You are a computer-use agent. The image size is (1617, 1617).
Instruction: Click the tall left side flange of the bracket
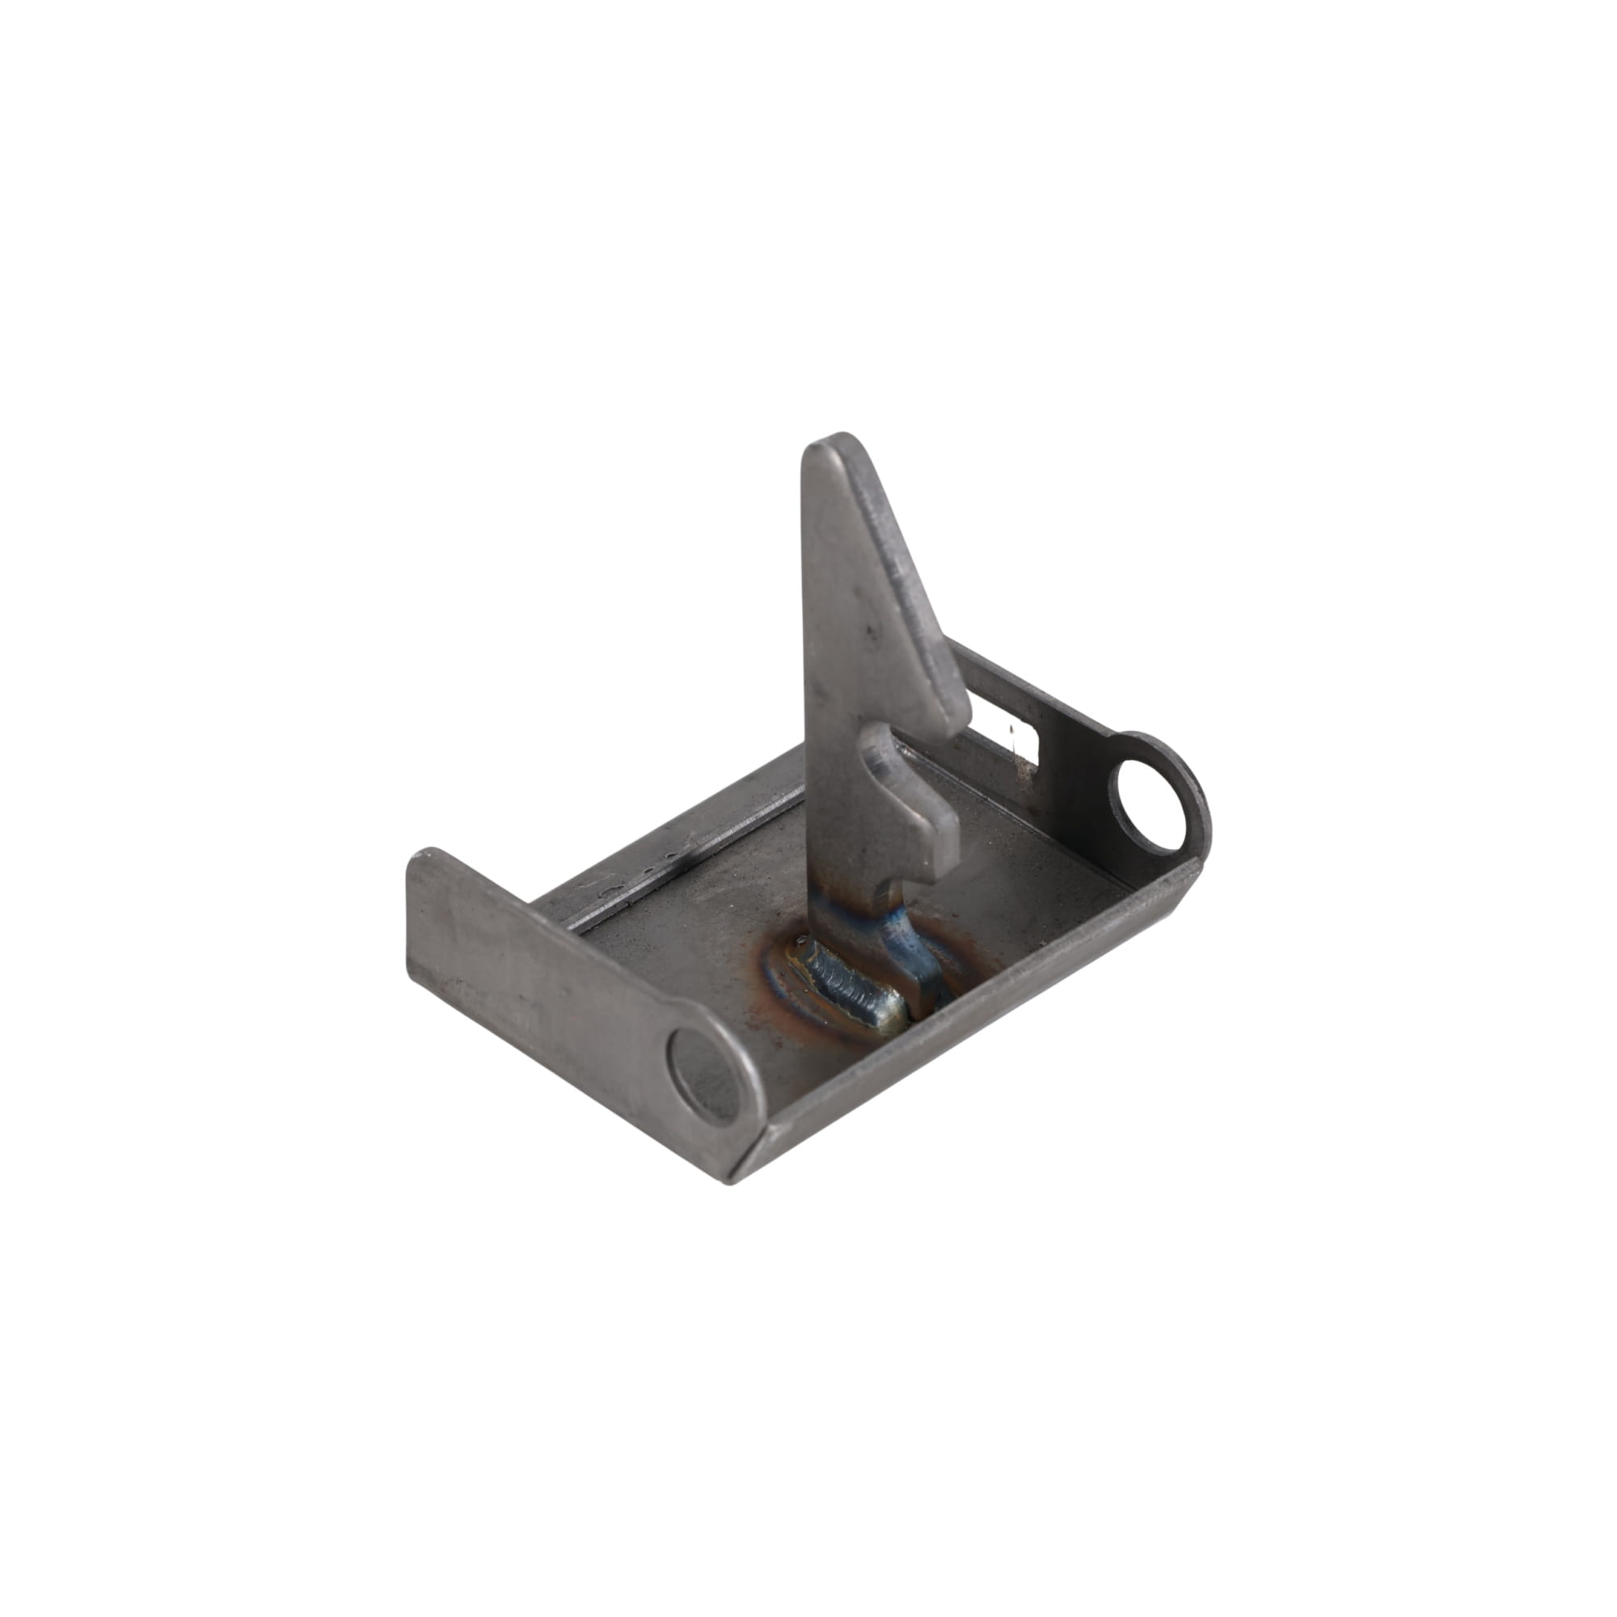tap(536, 962)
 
